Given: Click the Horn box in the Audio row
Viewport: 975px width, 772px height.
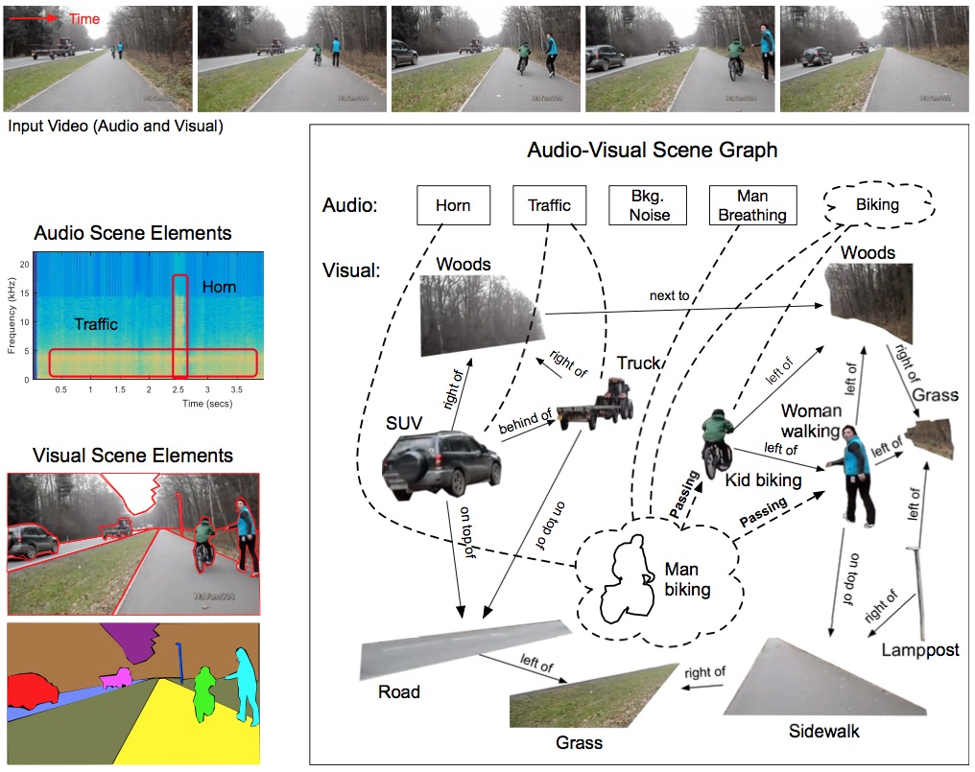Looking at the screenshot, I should click(453, 205).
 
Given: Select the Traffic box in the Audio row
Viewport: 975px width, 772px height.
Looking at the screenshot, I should click(549, 205).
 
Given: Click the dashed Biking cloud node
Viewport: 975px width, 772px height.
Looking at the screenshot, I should click(877, 204).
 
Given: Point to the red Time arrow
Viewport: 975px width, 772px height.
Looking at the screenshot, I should click(32, 18).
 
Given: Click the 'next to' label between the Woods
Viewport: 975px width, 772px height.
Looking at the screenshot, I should click(669, 295).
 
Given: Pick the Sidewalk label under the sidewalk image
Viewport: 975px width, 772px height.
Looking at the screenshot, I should click(823, 732).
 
